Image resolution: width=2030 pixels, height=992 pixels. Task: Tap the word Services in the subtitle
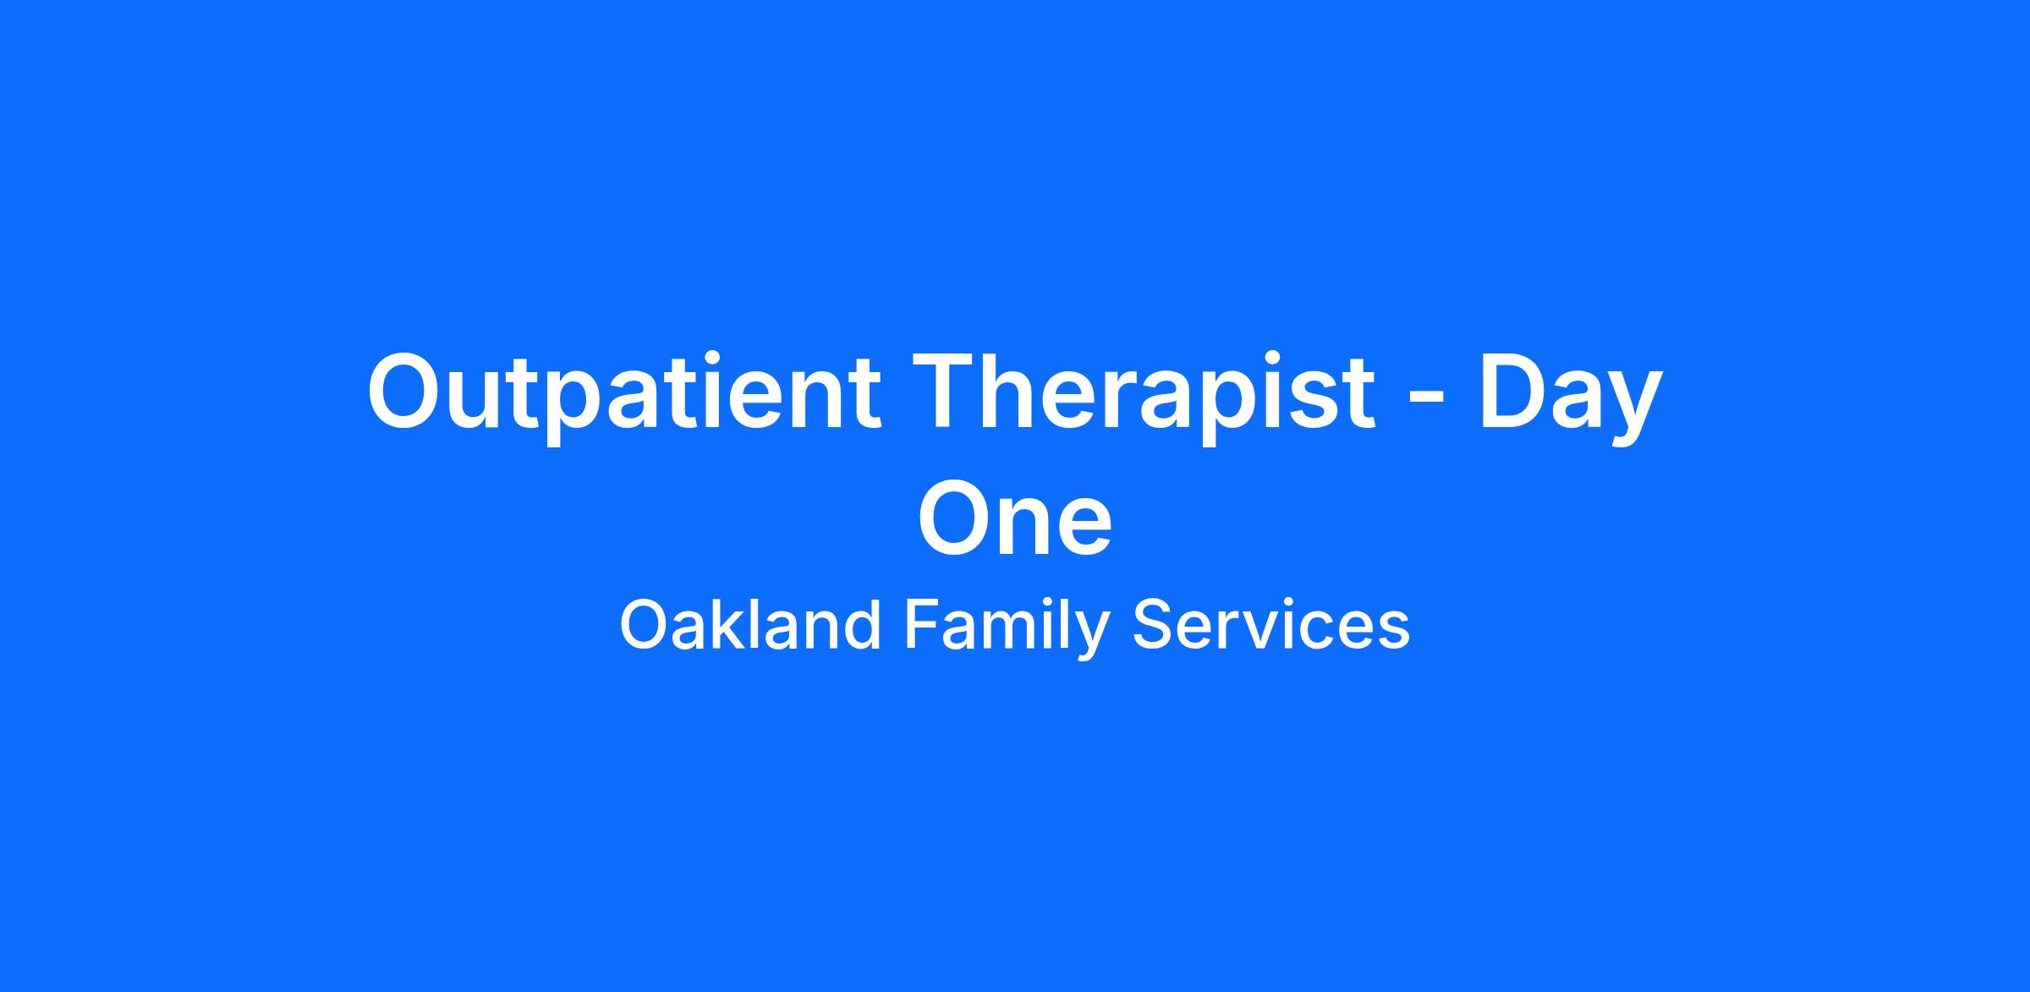click(x=1271, y=624)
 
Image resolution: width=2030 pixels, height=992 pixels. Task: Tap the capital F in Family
click(x=922, y=624)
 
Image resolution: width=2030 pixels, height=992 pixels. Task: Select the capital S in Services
click(x=1152, y=624)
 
